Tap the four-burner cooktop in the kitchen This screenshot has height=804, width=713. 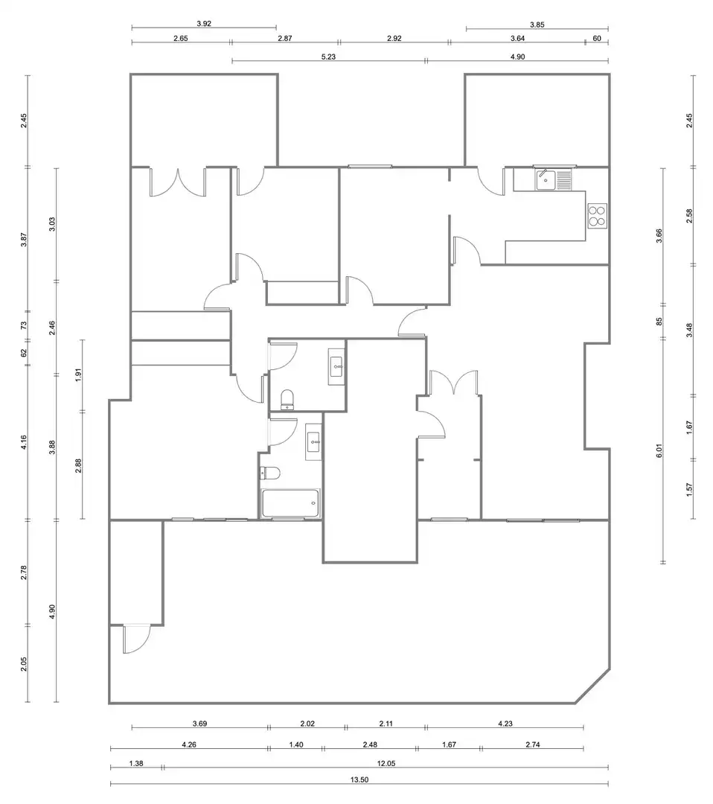click(x=597, y=216)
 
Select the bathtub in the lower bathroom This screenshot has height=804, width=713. click(x=291, y=503)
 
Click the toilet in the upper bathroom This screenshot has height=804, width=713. click(x=287, y=400)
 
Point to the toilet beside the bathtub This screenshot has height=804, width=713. click(x=269, y=473)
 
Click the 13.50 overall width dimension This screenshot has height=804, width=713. click(x=359, y=780)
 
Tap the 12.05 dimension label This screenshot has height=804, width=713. click(x=386, y=763)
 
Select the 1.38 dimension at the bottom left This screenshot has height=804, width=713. click(x=136, y=763)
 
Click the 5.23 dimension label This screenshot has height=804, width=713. click(x=328, y=57)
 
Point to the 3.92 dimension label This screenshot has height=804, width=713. click(x=204, y=24)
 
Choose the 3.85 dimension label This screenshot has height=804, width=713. click(x=537, y=24)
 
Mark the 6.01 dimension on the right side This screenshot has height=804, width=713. click(x=659, y=450)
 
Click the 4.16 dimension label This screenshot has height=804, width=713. click(x=24, y=442)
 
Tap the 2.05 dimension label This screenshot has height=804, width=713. click(x=24, y=665)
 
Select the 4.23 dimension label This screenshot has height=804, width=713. click(x=505, y=724)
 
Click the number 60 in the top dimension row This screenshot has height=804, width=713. click(x=597, y=38)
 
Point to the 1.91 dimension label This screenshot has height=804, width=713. click(x=78, y=374)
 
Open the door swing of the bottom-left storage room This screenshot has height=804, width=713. click(x=136, y=639)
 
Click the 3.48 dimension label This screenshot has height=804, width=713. click(x=689, y=330)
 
